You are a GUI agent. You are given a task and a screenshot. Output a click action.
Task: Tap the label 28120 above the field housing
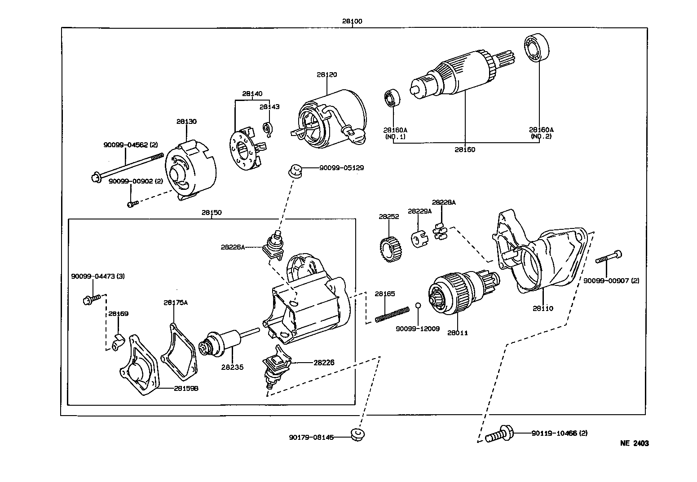click(x=326, y=74)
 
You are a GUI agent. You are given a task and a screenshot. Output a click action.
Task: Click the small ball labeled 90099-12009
click(x=418, y=305)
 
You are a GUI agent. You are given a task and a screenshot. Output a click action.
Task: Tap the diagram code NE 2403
click(x=634, y=443)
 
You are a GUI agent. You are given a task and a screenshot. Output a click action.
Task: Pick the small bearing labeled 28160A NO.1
click(x=392, y=98)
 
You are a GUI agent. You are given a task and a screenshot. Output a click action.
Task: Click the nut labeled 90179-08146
click(x=358, y=434)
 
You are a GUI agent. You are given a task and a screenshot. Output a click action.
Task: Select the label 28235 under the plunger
click(x=232, y=367)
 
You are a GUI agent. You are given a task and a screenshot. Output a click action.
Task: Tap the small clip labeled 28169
click(x=118, y=342)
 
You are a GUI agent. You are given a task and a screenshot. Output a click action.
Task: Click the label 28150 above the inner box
click(x=211, y=212)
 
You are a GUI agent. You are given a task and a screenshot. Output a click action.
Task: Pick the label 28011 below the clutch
click(x=457, y=333)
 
